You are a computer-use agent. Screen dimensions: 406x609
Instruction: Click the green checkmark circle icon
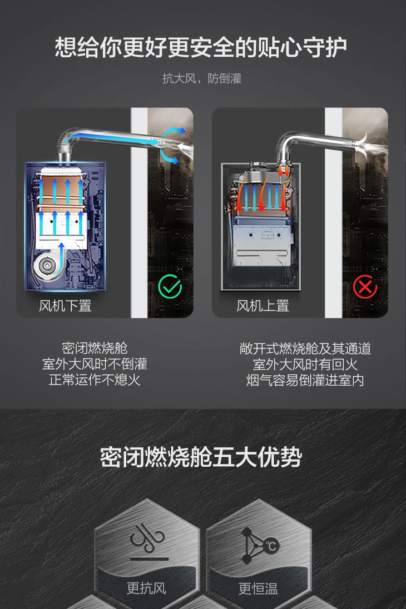point(170,287)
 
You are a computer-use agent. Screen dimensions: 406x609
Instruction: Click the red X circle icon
point(365,287)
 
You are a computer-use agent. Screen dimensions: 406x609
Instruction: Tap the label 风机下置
point(65,306)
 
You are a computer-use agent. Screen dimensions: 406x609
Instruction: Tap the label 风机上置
point(263,306)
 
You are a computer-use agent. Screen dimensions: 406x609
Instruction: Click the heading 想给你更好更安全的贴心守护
point(201,47)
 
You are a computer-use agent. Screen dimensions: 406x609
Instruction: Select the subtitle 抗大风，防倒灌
point(202,78)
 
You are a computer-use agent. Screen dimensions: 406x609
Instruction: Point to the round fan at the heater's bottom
point(47,267)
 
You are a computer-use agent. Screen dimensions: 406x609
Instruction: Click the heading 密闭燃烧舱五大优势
point(201,457)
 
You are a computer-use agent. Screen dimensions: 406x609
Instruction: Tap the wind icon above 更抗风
point(147,538)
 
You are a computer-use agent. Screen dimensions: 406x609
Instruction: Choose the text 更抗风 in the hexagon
point(147,588)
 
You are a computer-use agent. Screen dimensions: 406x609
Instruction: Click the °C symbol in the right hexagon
point(271,546)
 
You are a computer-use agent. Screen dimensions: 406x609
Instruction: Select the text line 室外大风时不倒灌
point(95,364)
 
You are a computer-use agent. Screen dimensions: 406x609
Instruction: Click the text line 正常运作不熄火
point(95,380)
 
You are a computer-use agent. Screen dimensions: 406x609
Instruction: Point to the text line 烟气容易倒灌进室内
point(305,380)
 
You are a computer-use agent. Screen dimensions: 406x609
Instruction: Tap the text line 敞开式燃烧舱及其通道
point(305,348)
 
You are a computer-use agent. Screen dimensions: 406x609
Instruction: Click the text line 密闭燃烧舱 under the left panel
point(95,348)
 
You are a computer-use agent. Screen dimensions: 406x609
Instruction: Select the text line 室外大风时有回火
point(305,365)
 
